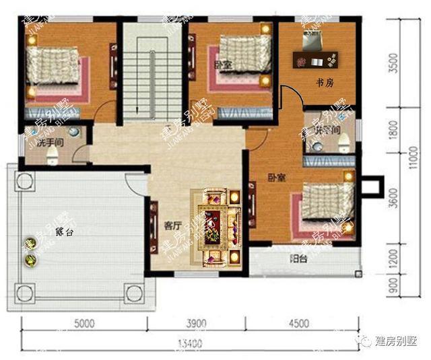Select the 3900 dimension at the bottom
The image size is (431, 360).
(195, 323)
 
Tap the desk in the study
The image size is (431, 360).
(317, 60)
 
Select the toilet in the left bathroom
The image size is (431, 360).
(53, 156)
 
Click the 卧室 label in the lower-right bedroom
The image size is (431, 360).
(276, 178)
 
